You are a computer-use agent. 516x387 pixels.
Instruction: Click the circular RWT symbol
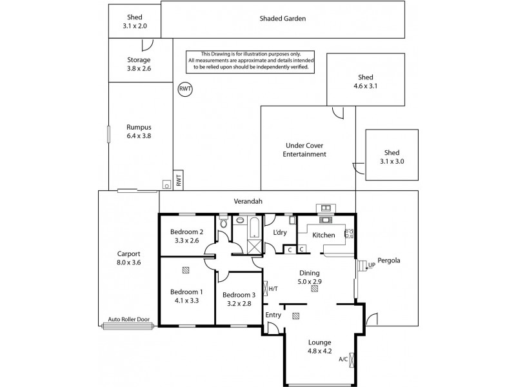pyautogui.click(x=184, y=90)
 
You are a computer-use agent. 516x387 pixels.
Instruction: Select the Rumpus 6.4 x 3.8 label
pyautogui.click(x=139, y=132)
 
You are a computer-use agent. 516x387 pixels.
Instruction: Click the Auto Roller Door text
pyautogui.click(x=128, y=319)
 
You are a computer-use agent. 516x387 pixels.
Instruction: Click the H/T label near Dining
pyautogui.click(x=273, y=288)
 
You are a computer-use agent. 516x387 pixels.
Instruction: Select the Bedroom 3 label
pyautogui.click(x=239, y=300)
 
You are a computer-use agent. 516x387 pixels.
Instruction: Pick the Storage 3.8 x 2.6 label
pyautogui.click(x=139, y=64)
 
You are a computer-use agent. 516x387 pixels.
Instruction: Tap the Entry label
pyautogui.click(x=273, y=315)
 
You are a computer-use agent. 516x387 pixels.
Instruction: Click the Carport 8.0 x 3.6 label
pyautogui.click(x=128, y=258)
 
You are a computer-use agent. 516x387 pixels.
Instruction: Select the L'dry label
pyautogui.click(x=279, y=232)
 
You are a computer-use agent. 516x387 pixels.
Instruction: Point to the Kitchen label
pyautogui.click(x=324, y=235)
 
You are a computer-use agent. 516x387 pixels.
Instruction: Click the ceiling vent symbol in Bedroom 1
pyautogui.click(x=186, y=271)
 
